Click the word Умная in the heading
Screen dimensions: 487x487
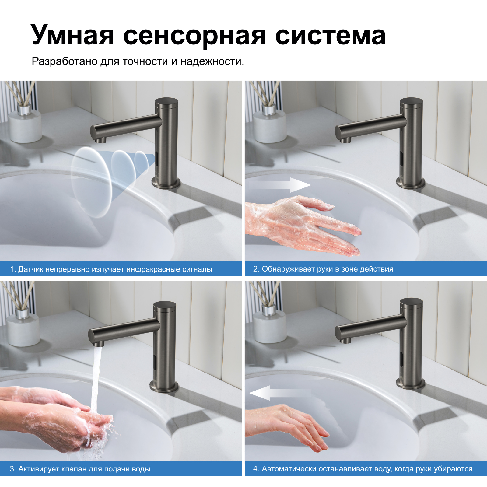coord(72,35)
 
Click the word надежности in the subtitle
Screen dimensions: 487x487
coord(212,61)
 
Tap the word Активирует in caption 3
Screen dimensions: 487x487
coord(39,469)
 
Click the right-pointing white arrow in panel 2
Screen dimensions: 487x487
coord(280,185)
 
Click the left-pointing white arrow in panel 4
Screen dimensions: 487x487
coord(280,393)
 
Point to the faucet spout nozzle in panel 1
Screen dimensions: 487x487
coord(100,140)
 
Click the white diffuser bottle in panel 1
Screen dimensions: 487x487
coord(25,125)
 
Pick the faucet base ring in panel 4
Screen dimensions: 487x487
coord(410,384)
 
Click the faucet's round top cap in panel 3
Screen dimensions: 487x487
coord(165,305)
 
